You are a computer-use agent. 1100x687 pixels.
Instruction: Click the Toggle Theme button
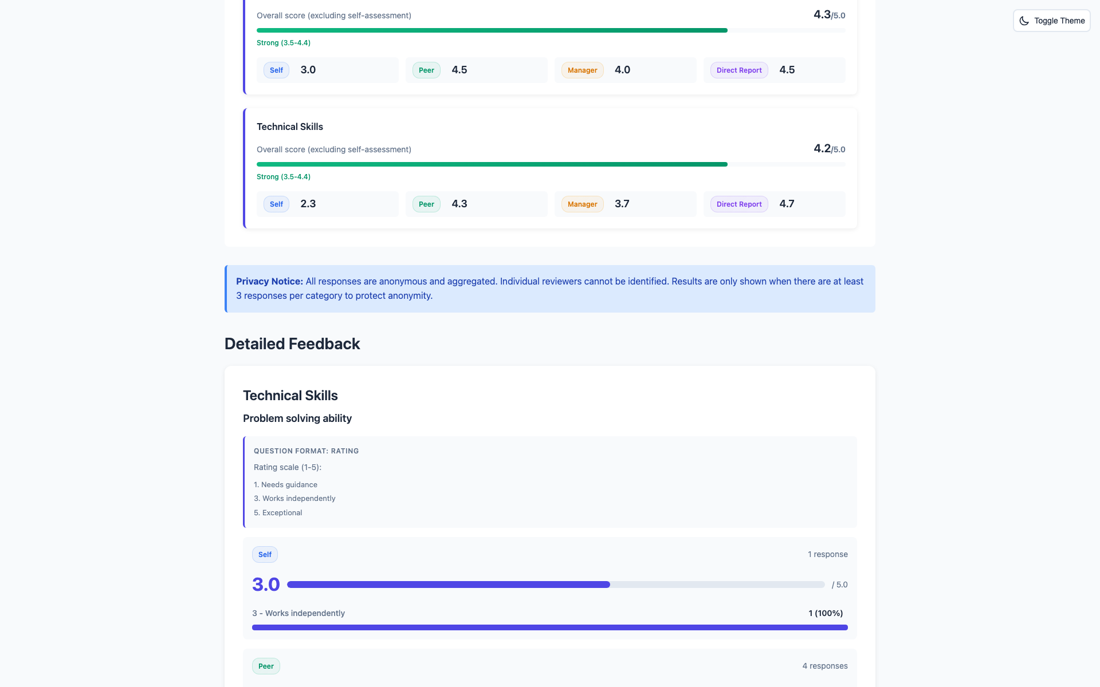coord(1051,21)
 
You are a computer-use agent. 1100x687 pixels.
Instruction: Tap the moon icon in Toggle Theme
coord(1024,21)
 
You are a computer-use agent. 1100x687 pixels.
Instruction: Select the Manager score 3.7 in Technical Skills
coord(622,204)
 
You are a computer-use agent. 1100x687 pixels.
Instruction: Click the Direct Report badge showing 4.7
coord(738,204)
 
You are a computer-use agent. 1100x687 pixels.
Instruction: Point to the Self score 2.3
coord(308,204)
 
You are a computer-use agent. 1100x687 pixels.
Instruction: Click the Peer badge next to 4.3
coord(426,204)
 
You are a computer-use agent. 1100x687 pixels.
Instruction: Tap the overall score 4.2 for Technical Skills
coord(822,149)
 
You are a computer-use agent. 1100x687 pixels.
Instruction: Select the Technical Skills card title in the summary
coord(289,127)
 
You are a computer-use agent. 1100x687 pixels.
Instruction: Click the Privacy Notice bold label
coord(269,281)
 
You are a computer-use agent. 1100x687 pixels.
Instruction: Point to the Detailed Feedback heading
coord(292,343)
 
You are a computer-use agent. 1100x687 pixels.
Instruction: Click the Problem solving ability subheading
coord(297,418)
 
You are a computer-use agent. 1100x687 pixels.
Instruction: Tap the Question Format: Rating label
coord(306,451)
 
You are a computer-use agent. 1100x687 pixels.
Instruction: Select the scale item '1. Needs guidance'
coord(285,485)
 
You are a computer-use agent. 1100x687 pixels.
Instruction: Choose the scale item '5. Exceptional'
coord(278,513)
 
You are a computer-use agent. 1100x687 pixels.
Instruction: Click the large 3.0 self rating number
coord(266,585)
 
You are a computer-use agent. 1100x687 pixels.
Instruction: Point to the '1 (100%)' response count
coord(826,613)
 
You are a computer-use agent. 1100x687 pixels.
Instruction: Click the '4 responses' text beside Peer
coord(824,666)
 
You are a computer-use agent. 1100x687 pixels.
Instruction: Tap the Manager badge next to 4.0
coord(582,70)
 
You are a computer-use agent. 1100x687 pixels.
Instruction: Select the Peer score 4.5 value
coord(459,70)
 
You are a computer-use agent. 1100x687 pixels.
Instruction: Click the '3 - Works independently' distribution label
coord(298,613)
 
